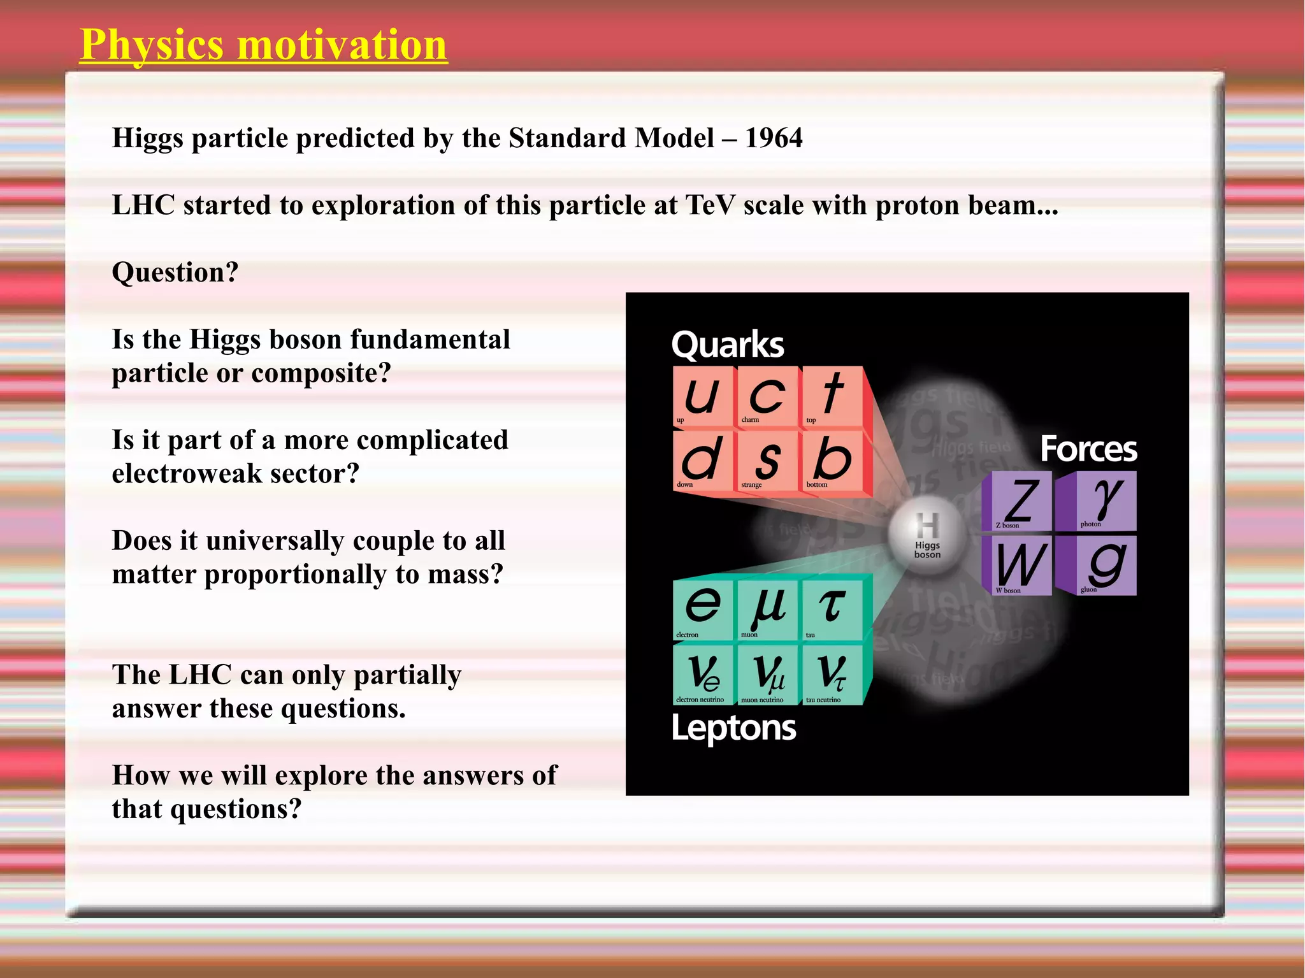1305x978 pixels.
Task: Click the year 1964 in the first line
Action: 774,138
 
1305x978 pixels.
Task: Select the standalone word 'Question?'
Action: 175,273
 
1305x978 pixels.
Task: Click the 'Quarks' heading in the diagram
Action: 727,345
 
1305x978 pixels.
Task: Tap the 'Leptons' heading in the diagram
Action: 733,728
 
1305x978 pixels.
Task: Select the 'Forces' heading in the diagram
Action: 1088,449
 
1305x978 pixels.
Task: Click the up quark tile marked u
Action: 703,396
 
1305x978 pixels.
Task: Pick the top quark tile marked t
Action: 832,396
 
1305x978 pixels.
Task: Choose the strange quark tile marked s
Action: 767,461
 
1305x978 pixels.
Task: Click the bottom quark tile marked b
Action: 832,461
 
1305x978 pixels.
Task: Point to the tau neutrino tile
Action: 832,674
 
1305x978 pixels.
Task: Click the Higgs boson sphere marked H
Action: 926,533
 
